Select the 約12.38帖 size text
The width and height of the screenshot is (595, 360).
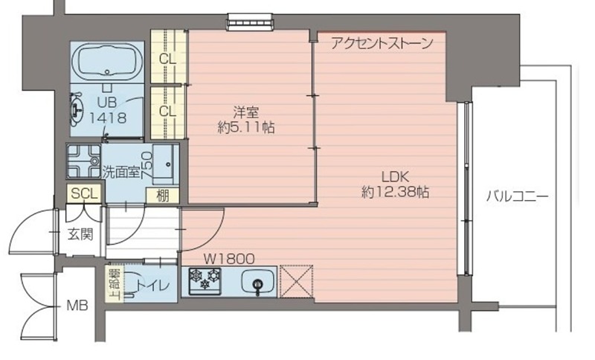[394, 192]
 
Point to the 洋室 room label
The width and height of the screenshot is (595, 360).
[245, 112]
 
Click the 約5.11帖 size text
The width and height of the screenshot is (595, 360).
[246, 127]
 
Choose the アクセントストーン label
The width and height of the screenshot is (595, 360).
[382, 44]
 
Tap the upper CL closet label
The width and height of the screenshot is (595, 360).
[167, 58]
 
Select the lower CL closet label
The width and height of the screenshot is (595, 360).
[167, 112]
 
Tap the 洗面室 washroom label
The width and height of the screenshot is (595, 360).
[120, 172]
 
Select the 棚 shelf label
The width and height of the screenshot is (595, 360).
[162, 196]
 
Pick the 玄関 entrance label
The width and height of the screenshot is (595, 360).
[80, 235]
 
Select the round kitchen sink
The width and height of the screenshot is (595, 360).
[258, 283]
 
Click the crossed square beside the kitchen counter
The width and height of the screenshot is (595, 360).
[297, 282]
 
